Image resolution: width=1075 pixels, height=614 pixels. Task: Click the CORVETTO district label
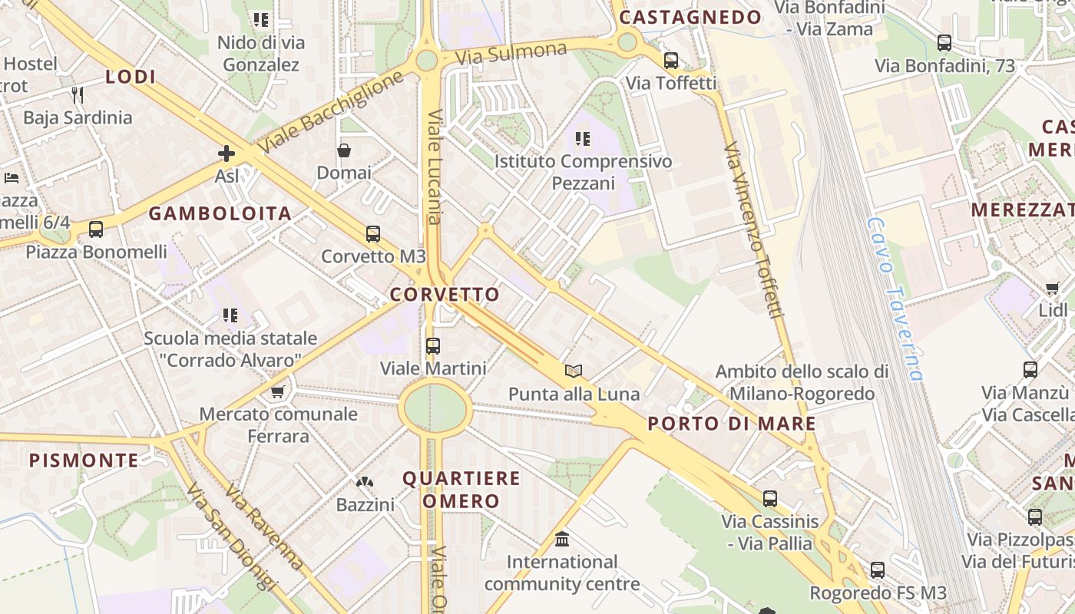[445, 295]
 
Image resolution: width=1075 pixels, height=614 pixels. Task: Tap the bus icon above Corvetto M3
[373, 234]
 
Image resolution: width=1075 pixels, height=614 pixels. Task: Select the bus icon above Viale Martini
[433, 346]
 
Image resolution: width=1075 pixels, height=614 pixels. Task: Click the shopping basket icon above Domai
[344, 150]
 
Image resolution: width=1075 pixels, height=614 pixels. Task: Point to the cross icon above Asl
[227, 153]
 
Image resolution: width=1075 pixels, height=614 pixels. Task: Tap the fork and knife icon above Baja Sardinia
[77, 95]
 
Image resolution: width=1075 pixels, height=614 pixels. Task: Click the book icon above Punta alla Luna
[574, 371]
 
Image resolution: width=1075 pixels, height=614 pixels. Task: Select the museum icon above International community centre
[562, 540]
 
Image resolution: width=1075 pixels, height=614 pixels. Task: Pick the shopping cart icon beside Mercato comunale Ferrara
[277, 392]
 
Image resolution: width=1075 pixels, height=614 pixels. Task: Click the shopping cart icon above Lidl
[1052, 289]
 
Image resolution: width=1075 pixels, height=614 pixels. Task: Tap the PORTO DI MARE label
[732, 424]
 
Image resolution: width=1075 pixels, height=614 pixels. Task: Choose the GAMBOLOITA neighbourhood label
[220, 214]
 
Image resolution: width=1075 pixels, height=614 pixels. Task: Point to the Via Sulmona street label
[511, 54]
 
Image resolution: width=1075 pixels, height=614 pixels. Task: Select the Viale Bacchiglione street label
[330, 112]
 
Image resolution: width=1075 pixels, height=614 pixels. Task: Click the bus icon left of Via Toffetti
[671, 60]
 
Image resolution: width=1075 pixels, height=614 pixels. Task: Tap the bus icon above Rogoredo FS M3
[878, 570]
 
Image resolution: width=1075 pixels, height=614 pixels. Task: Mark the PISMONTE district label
[84, 460]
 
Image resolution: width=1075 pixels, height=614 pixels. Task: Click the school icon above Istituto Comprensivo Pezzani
[583, 139]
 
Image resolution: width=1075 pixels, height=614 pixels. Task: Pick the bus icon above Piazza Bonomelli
[96, 229]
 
